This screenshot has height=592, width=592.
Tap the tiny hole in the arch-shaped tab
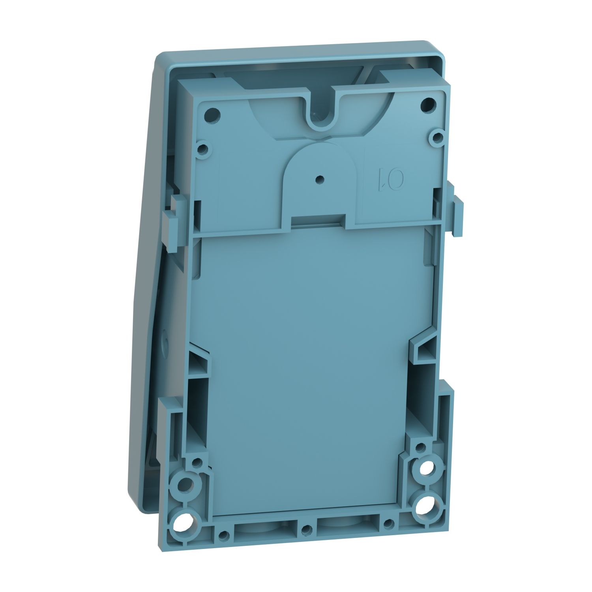(318, 179)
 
